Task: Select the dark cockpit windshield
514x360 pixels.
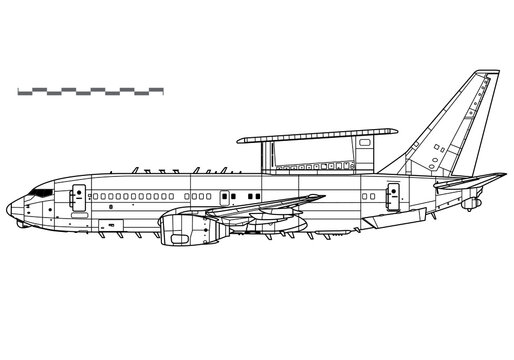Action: pyautogui.click(x=42, y=189)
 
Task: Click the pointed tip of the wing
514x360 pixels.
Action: pyautogui.click(x=325, y=195)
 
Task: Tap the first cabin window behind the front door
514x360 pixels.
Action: pyautogui.click(x=96, y=193)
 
